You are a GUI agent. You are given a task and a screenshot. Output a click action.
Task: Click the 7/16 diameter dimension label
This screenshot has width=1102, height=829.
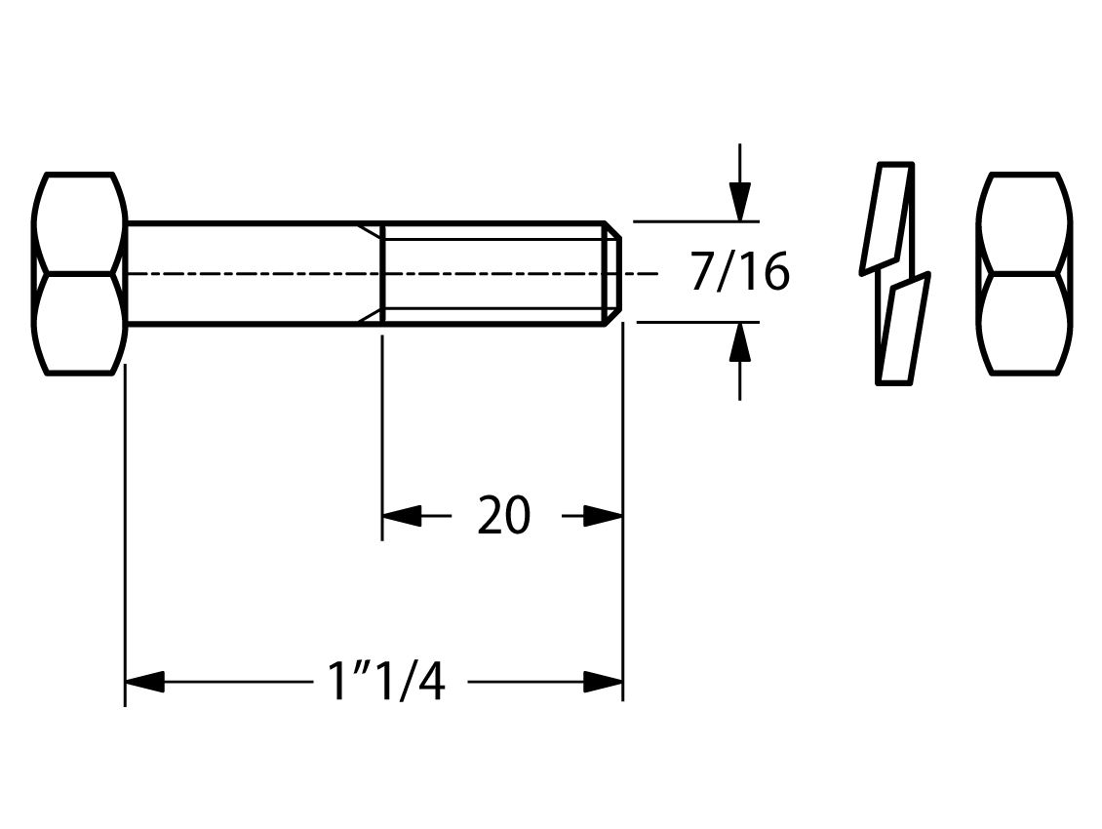click(740, 272)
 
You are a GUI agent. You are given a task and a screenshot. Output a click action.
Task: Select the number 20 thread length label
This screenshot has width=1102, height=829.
click(504, 515)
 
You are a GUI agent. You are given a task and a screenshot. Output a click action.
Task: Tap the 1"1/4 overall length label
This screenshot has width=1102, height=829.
click(386, 681)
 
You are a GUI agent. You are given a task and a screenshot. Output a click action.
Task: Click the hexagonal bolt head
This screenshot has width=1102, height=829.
click(79, 273)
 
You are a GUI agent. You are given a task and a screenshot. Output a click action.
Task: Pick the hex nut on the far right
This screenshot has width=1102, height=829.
click(1025, 273)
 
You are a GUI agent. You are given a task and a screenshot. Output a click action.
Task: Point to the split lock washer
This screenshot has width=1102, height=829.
click(895, 273)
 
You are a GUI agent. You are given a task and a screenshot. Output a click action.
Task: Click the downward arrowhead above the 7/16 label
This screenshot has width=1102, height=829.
click(739, 202)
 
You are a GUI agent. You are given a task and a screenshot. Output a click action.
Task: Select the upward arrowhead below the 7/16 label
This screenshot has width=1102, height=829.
click(739, 342)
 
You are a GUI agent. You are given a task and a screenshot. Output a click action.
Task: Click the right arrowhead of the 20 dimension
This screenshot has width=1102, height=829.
click(603, 516)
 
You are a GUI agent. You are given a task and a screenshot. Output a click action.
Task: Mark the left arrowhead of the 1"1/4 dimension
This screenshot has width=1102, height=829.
click(144, 682)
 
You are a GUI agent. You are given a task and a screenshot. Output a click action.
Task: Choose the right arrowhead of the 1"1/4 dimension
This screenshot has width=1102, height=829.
click(603, 682)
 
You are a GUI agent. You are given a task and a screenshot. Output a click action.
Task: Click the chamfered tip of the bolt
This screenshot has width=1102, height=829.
click(613, 273)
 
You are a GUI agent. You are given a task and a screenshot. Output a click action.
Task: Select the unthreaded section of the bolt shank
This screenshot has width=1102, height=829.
click(254, 273)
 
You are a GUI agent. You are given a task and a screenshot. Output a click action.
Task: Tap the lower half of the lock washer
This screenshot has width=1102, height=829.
click(903, 329)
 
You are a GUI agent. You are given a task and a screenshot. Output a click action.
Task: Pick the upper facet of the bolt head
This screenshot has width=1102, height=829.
click(79, 222)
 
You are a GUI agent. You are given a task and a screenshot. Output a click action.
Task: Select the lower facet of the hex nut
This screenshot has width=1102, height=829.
click(1025, 324)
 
